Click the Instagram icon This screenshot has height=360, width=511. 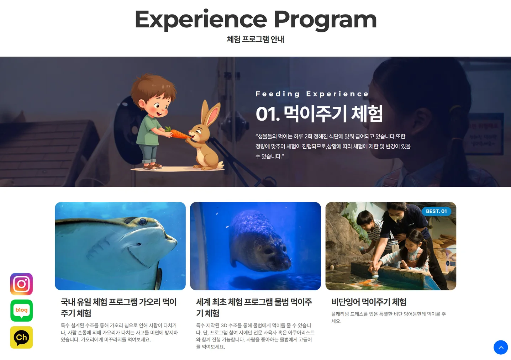tap(21, 284)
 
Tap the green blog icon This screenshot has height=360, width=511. tap(21, 311)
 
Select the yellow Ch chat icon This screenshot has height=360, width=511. tap(21, 337)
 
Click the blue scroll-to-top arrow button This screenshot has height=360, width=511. tap(500, 347)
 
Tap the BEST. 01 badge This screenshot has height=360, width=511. tap(436, 211)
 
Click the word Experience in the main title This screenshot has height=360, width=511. tap(201, 20)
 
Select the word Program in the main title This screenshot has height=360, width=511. tap(325, 20)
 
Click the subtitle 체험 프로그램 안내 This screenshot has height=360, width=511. tap(255, 39)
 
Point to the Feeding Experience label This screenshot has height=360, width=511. tap(312, 94)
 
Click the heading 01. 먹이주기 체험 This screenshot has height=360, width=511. tap(319, 114)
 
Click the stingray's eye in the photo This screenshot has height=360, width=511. tap(143, 222)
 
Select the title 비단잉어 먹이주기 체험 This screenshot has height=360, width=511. tap(369, 302)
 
